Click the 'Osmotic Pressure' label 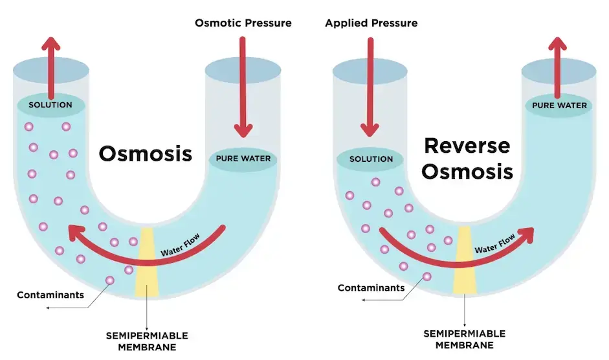[243, 23]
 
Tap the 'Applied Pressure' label [371, 23]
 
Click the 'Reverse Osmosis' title [468, 158]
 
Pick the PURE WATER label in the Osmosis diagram [243, 159]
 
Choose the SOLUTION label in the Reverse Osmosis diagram [371, 159]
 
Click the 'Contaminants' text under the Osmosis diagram [50, 295]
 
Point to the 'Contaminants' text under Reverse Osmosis [371, 287]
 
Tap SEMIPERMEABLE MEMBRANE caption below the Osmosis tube [147, 341]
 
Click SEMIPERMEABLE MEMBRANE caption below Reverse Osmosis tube [464, 339]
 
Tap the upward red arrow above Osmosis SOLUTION [51, 65]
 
